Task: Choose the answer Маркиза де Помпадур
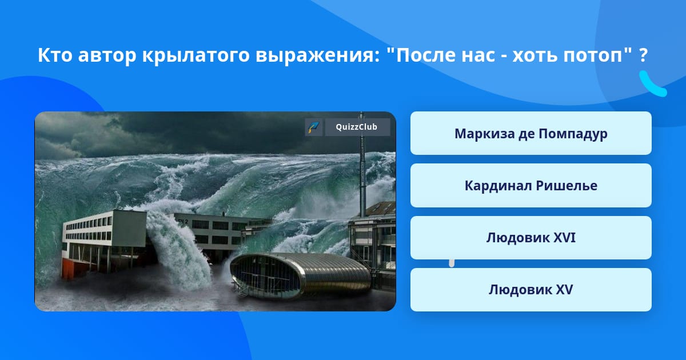coord(531,133)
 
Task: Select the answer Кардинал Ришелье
coord(531,186)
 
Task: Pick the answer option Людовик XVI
coord(531,238)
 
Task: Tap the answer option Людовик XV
coord(531,290)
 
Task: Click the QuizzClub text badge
coord(357,127)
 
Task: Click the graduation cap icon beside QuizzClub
coord(314,127)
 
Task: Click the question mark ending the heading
coord(644,55)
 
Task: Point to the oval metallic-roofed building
coord(300,275)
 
